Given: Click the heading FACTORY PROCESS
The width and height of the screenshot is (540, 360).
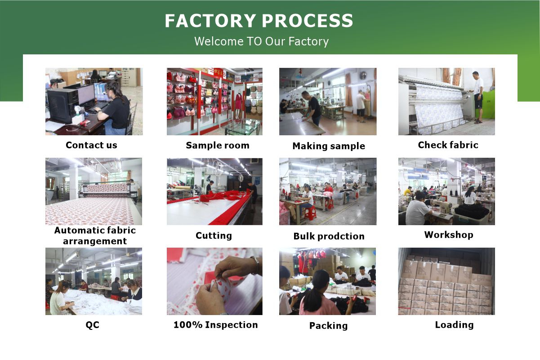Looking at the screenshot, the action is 259,21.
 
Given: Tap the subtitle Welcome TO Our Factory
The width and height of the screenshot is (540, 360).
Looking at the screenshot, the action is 262,41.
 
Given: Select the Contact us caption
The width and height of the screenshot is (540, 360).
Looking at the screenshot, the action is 91,145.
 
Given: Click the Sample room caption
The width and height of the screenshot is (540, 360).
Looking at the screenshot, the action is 218,145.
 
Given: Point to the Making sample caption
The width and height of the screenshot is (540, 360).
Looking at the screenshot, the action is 329,146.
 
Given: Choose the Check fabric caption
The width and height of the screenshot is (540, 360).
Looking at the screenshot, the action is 448,145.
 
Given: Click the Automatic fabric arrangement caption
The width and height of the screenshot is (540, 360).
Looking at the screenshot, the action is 95,236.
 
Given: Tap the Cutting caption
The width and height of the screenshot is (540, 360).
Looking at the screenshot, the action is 214,236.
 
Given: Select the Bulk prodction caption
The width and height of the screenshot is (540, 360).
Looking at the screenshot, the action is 329,236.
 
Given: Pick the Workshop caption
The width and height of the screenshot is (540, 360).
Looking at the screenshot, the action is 449,235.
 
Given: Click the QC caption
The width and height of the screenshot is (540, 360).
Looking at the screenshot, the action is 92,325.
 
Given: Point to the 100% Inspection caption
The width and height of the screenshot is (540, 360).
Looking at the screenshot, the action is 215,325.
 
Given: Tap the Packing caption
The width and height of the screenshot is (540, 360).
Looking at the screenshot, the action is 328,326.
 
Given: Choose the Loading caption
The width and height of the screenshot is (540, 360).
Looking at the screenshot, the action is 454,325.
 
